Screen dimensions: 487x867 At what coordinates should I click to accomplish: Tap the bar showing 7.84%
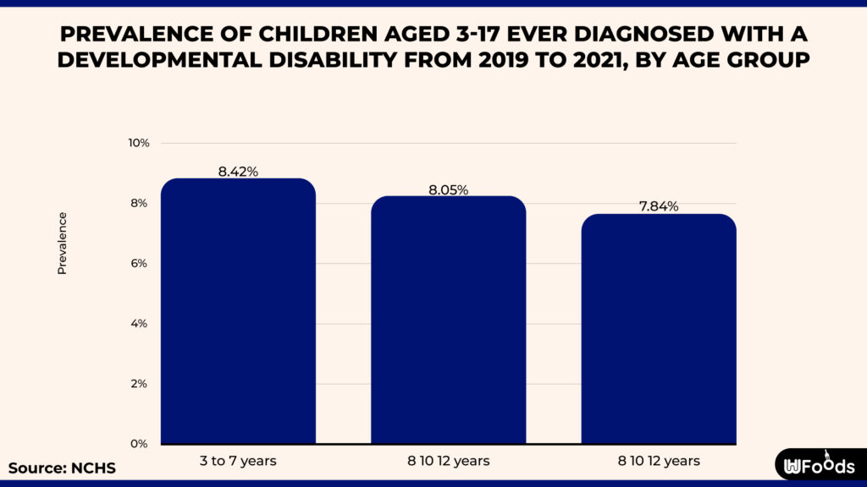tap(659, 329)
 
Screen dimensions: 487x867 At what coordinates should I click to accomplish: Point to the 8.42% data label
tap(238, 172)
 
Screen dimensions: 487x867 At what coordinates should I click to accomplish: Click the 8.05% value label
tap(448, 189)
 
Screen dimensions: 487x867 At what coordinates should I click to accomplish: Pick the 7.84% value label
tap(659, 207)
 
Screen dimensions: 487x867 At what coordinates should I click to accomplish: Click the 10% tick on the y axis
tap(139, 143)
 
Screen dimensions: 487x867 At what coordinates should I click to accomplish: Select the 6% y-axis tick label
tap(141, 264)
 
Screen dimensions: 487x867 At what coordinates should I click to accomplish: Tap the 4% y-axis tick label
tap(141, 324)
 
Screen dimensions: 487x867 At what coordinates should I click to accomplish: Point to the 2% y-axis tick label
tap(141, 384)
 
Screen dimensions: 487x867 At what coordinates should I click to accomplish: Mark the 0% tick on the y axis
tap(141, 444)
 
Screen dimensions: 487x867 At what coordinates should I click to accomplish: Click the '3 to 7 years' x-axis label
tap(238, 461)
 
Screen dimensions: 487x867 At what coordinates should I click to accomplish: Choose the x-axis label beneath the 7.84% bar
tap(659, 461)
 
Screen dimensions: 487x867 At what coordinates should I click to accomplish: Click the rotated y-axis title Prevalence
tap(62, 243)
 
